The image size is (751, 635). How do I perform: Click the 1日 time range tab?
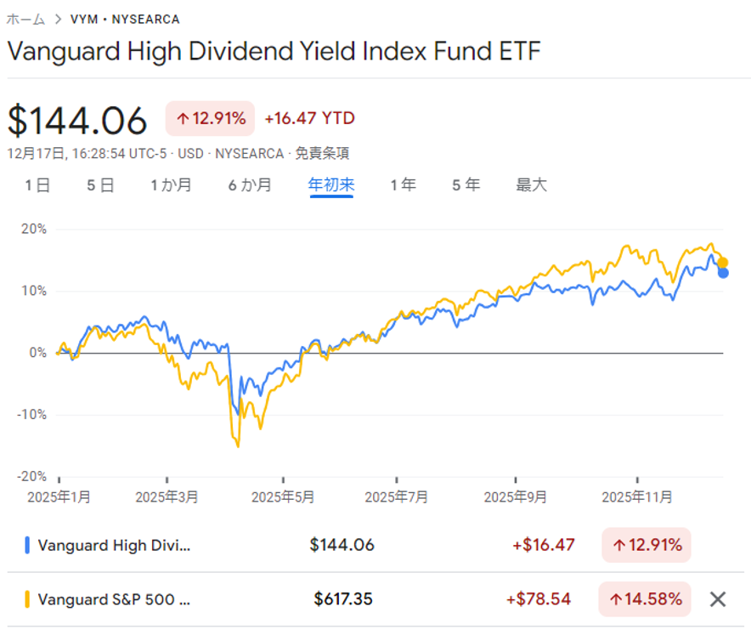[37, 184]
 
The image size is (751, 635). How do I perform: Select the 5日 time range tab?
[100, 184]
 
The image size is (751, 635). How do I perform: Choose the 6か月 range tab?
[250, 184]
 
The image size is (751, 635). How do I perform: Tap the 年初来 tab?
[331, 184]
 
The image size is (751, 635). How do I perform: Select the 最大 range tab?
[532, 184]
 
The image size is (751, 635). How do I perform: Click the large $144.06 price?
[77, 120]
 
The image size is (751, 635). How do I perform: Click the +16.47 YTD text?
[309, 118]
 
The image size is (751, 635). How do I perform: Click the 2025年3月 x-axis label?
[166, 496]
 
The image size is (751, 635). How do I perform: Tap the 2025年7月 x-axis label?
[397, 496]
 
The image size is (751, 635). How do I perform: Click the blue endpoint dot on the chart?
[723, 273]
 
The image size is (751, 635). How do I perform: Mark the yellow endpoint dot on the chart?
[722, 262]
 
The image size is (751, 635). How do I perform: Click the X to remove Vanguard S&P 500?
[718, 599]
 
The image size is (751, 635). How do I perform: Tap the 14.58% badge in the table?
[646, 599]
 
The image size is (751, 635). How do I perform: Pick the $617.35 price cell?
[342, 599]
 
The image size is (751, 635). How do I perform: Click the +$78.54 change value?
[540, 599]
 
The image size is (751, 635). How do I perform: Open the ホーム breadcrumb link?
[25, 19]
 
